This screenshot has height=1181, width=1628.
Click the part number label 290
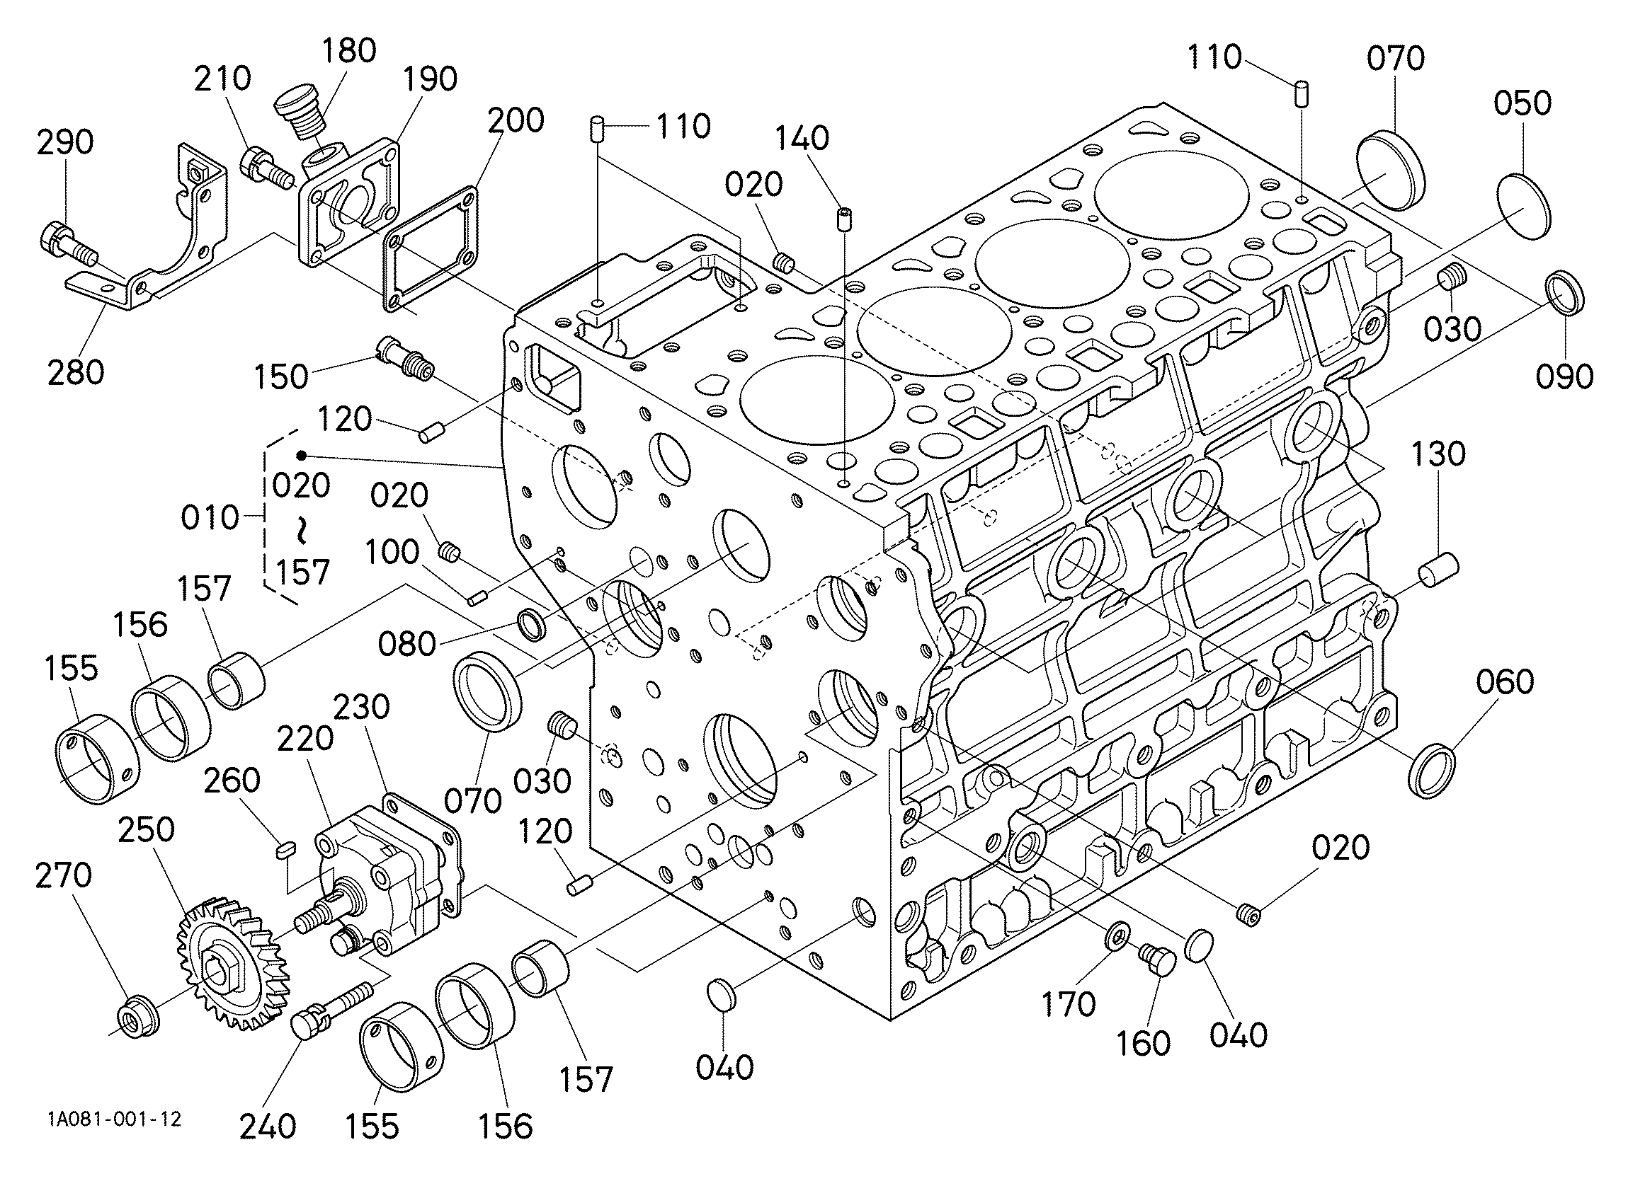65,142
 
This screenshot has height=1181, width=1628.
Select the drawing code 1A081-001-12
114,1119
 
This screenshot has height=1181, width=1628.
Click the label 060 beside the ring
1505,682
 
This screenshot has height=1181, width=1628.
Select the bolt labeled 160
1157,957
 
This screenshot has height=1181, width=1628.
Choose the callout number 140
802,139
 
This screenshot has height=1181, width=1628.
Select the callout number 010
210,517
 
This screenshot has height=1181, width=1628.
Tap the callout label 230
361,707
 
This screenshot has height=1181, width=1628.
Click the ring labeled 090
1564,293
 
